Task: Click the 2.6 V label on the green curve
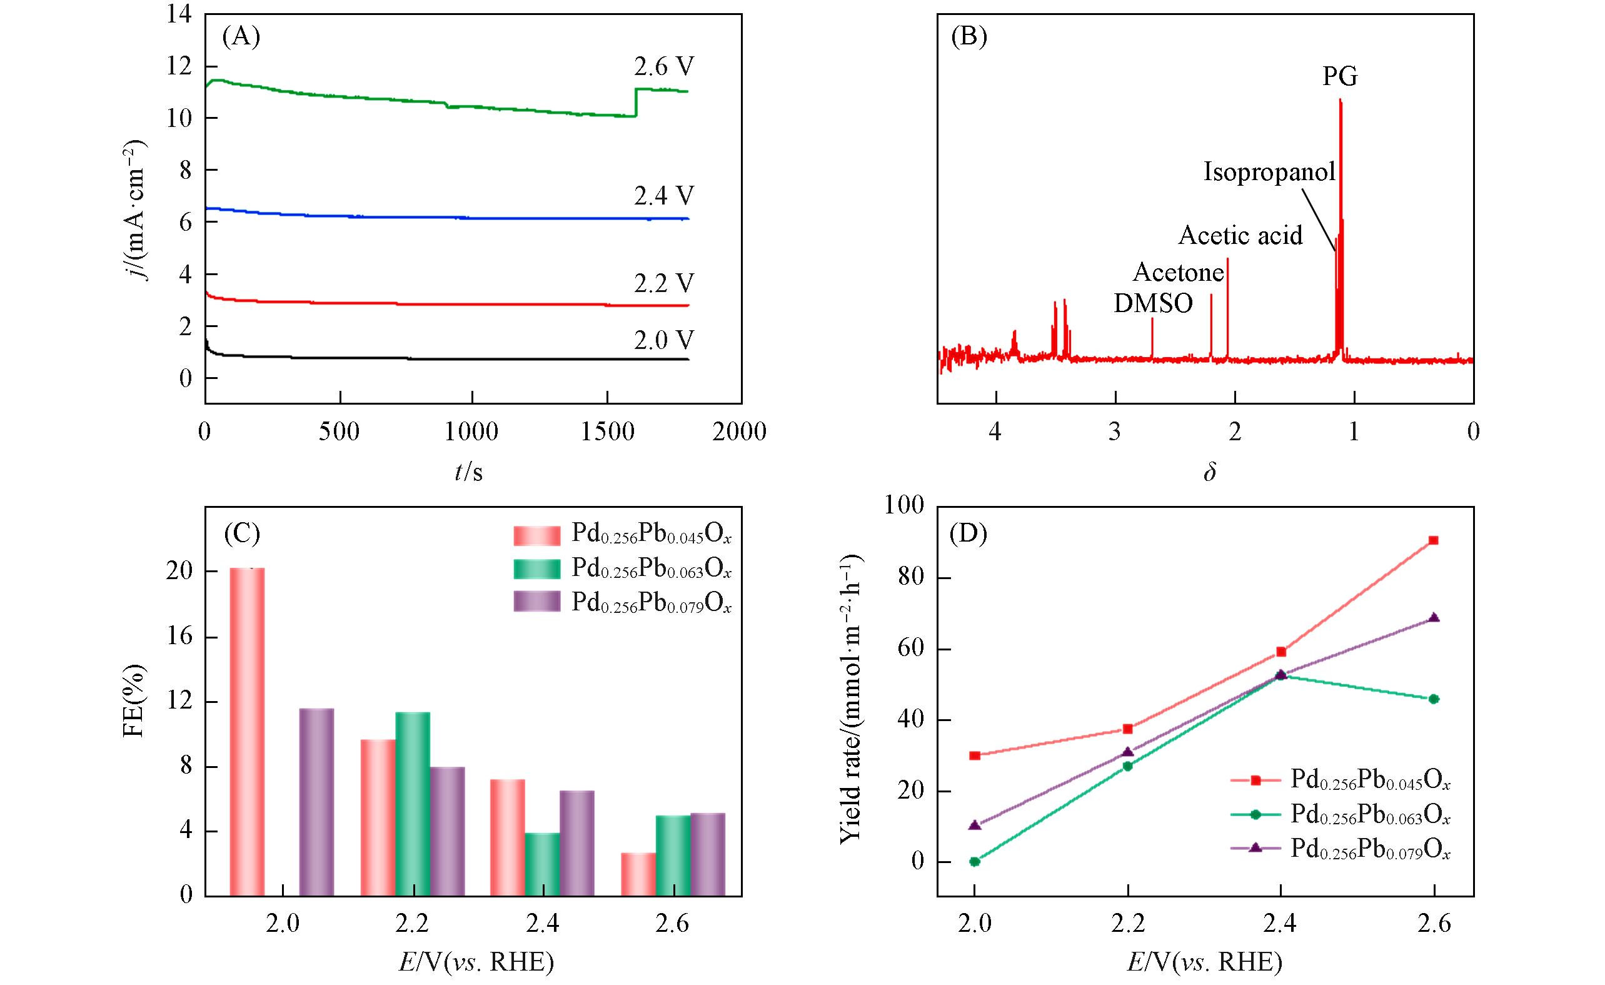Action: pyautogui.click(x=664, y=67)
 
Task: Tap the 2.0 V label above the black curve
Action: pyautogui.click(x=664, y=340)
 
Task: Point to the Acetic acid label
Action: pyautogui.click(x=1240, y=235)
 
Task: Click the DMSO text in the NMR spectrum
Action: pyautogui.click(x=1153, y=303)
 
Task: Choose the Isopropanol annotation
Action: pyautogui.click(x=1269, y=172)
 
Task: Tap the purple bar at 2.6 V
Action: pyautogui.click(x=707, y=854)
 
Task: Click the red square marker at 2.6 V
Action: pyautogui.click(x=1433, y=540)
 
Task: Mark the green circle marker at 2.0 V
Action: pyautogui.click(x=975, y=861)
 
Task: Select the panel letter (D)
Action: pyautogui.click(x=969, y=534)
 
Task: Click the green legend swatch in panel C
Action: pyautogui.click(x=536, y=569)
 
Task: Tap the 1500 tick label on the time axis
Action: pyautogui.click(x=606, y=432)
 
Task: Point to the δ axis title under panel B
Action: pyautogui.click(x=1210, y=472)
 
